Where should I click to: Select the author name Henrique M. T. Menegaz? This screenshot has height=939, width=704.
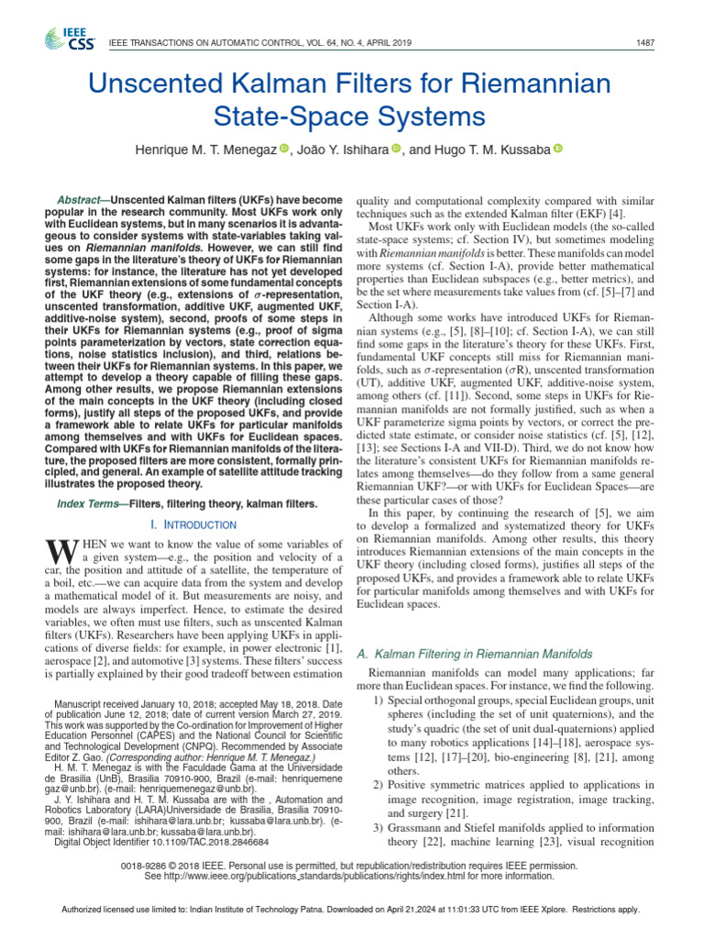pos(206,149)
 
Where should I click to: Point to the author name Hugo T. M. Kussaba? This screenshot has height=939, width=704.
pos(488,149)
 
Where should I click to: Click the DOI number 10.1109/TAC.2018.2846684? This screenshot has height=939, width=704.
pos(203,841)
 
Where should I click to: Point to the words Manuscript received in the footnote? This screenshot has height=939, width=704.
pos(92,704)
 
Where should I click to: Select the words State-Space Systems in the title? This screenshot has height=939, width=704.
pos(348,116)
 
